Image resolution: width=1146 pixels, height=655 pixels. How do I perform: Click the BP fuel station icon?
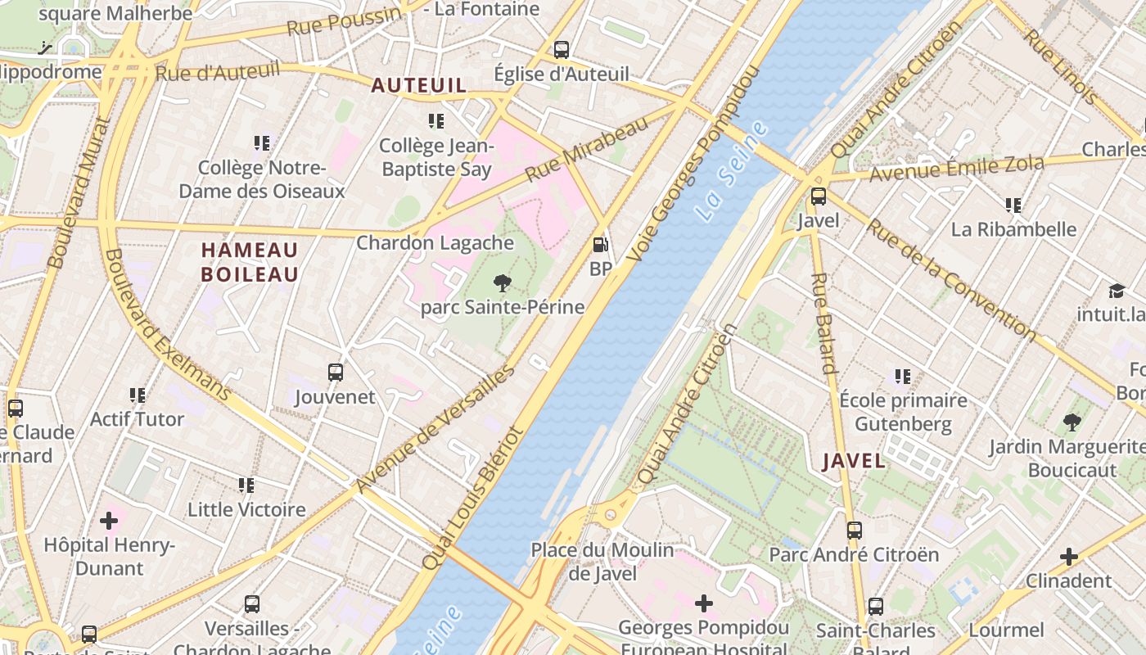601,245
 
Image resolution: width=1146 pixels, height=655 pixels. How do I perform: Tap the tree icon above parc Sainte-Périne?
503,283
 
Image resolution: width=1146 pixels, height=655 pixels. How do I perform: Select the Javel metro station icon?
818,196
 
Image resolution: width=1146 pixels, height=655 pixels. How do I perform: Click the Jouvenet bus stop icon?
336,373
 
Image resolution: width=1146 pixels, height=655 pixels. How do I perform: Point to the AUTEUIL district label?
419,85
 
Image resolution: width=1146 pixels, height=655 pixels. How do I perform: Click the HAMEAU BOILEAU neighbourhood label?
250,262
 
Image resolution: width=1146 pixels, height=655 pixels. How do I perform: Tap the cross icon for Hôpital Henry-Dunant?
109,521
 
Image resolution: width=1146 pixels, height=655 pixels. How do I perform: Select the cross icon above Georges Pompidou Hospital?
704,603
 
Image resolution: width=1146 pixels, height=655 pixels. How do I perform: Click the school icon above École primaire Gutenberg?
903,377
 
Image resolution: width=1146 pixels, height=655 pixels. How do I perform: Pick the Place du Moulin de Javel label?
602,562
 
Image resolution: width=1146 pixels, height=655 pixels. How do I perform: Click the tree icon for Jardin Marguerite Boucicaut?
1072,422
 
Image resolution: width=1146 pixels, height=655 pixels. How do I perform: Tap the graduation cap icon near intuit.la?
1117,291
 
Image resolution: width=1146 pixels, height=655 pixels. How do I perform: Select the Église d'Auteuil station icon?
562,49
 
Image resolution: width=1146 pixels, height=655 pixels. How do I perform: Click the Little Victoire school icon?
246,486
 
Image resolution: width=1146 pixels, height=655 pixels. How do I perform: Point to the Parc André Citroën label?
854,554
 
